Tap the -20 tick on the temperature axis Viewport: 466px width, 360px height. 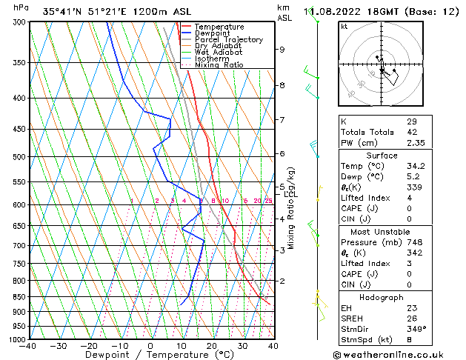pyautogui.click(x=89, y=345)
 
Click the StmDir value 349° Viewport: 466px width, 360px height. pyautogui.click(x=415, y=328)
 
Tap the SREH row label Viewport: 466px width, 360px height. pyautogui.click(x=353, y=318)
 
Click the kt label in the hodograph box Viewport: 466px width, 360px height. pyautogui.click(x=344, y=27)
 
